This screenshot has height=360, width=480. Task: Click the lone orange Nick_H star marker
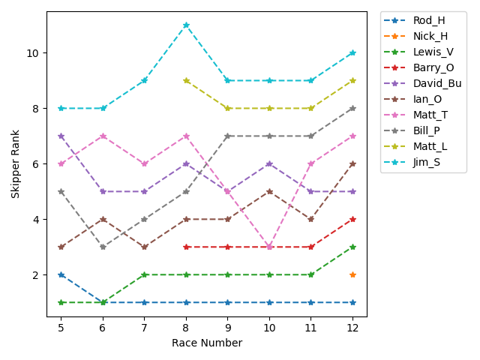click(352, 275)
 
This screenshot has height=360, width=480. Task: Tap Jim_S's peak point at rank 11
click(186, 25)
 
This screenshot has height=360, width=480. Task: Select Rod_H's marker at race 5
click(61, 275)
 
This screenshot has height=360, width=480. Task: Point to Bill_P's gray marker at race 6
click(103, 247)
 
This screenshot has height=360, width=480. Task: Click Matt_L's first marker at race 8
click(186, 80)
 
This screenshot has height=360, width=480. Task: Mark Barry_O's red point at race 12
click(352, 219)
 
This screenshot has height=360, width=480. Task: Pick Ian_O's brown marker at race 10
click(269, 191)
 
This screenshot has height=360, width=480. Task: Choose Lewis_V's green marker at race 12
click(352, 247)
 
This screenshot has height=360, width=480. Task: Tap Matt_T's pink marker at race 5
click(61, 163)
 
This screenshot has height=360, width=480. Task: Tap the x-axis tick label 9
click(227, 328)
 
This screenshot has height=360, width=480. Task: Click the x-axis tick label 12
click(352, 328)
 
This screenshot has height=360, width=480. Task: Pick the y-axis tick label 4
click(37, 220)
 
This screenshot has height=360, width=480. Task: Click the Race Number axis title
click(207, 343)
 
